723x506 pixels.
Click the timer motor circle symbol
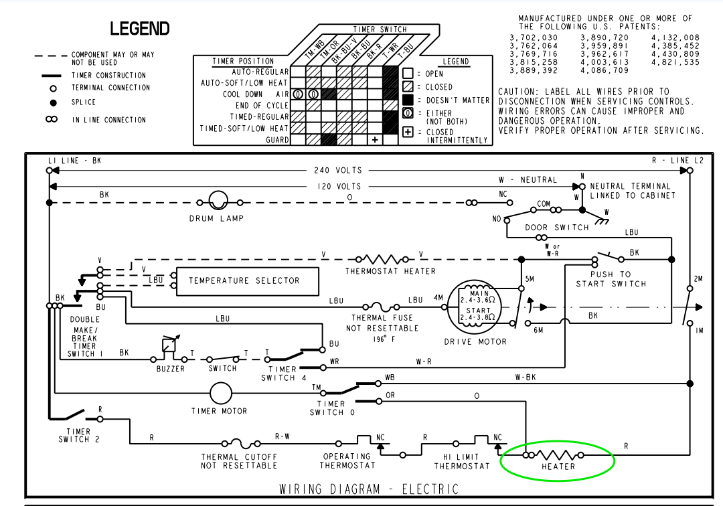[x=220, y=394]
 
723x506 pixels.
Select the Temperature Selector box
[x=244, y=280]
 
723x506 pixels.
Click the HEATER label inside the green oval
[x=558, y=467]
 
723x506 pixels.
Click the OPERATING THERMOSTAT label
[x=347, y=460]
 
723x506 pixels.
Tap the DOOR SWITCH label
[x=557, y=228]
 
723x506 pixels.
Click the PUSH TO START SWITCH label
[x=611, y=279]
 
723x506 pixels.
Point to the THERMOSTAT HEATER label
[x=390, y=271]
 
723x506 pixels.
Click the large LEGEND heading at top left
[x=140, y=29]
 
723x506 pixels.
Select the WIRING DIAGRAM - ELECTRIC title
[x=369, y=489]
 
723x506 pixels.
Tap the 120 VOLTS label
[x=339, y=187]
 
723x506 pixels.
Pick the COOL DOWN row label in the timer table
[x=243, y=94]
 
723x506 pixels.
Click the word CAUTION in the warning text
[x=519, y=91]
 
